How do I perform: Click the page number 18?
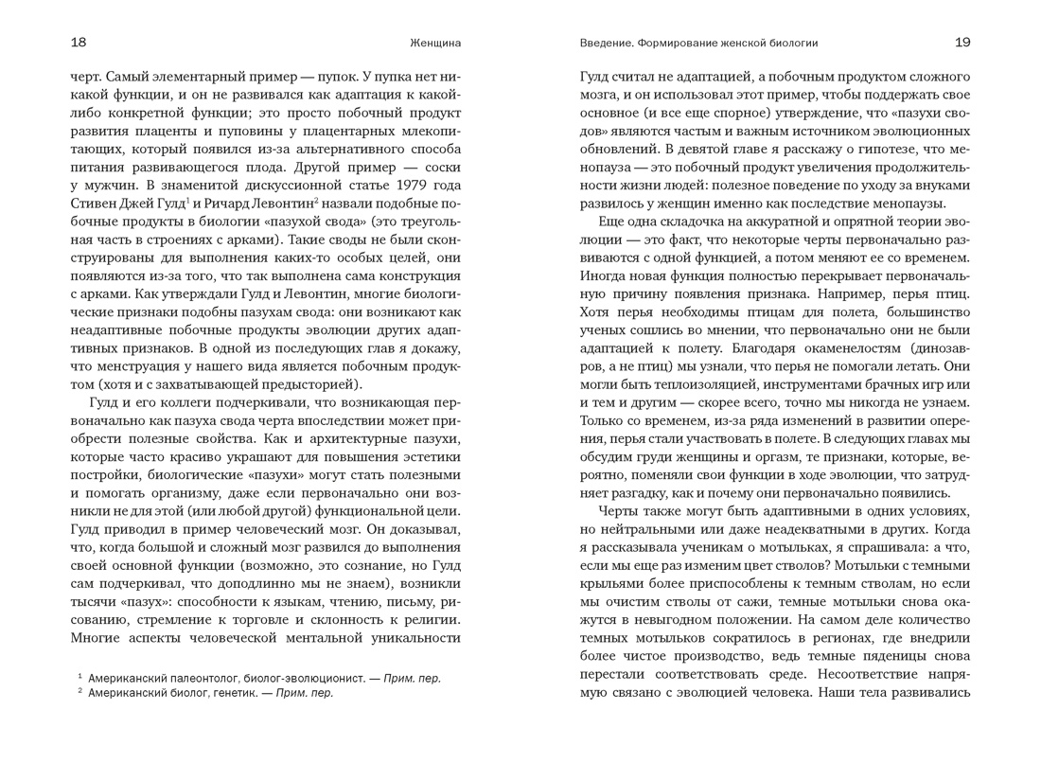79,43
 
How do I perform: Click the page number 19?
962,43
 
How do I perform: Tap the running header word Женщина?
435,43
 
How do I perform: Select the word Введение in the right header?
605,43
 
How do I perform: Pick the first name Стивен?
96,204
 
